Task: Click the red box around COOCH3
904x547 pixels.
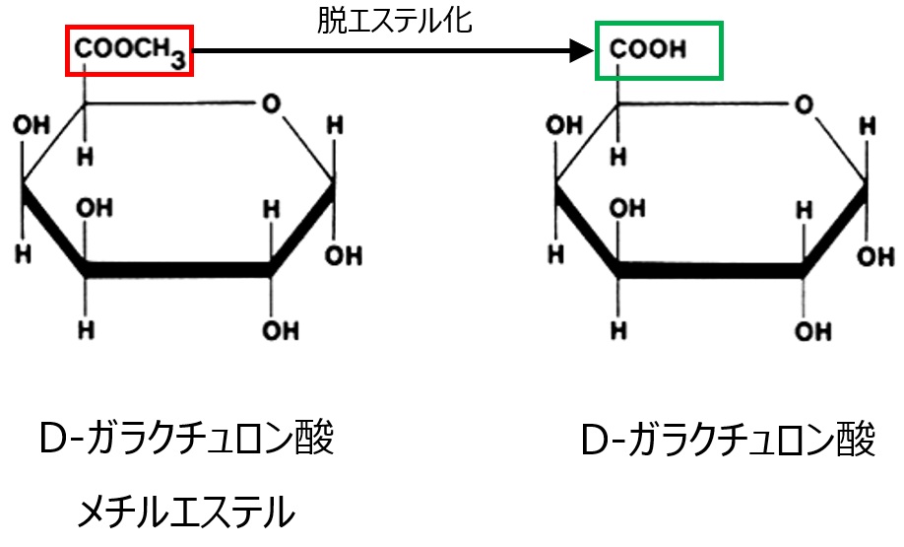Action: [129, 49]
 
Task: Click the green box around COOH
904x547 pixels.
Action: [660, 49]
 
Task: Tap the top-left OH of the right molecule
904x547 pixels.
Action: [562, 126]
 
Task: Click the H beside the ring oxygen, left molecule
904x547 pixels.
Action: [335, 126]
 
